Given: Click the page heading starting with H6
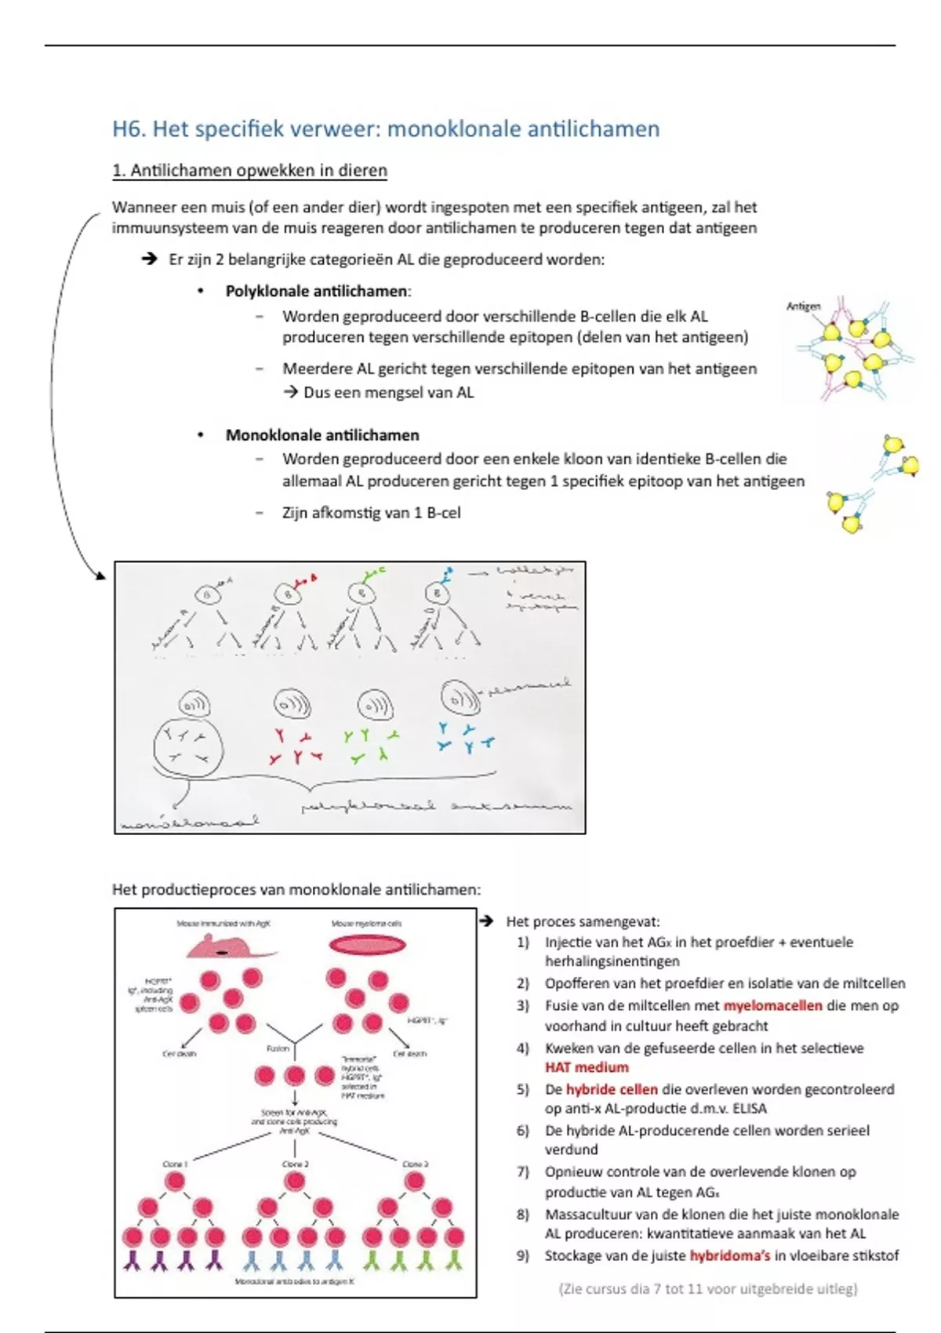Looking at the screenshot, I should (386, 129).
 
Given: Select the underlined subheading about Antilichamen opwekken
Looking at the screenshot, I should (249, 171).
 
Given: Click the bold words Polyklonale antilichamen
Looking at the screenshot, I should (317, 292).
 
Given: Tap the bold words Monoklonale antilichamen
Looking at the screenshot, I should (322, 435).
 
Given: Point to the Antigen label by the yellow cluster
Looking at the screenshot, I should (803, 307).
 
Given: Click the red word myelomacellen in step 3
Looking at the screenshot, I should (772, 1006).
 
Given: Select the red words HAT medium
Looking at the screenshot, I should (587, 1067).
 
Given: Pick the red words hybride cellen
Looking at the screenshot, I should (612, 1089).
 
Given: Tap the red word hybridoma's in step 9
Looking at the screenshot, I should (730, 1255).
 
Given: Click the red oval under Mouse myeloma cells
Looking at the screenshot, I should (367, 945).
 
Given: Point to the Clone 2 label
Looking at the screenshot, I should (295, 1164).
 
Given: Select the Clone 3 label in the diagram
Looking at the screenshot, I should (415, 1164).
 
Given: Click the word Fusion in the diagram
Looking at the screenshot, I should (278, 1048).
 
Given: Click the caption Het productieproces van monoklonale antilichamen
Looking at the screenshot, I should (296, 890).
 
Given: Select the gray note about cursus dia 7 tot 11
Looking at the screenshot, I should (708, 1289).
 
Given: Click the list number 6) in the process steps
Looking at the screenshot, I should (523, 1131).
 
